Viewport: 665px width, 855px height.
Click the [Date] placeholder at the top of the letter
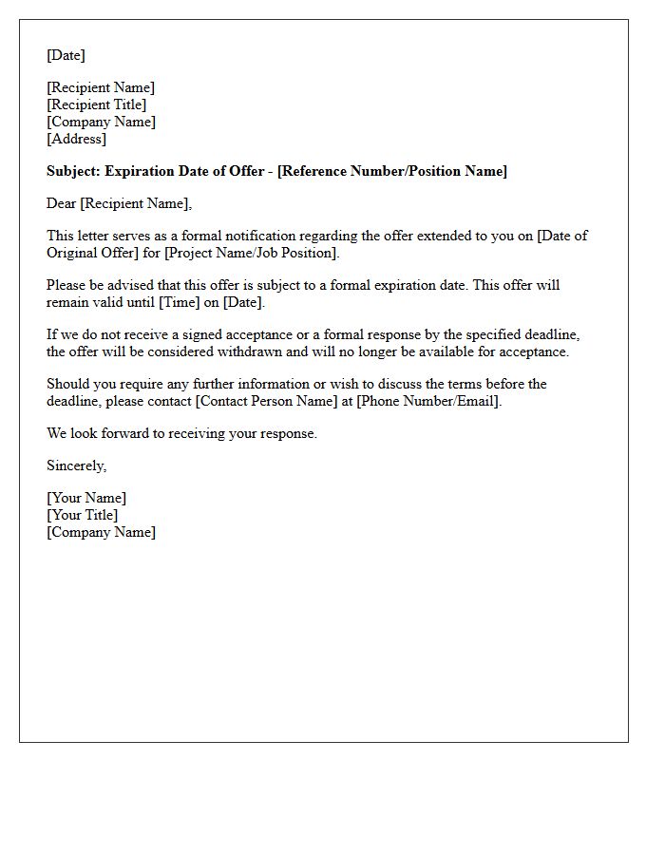66,55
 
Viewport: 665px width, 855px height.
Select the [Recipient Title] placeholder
96,104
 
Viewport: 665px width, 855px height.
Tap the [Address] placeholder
76,139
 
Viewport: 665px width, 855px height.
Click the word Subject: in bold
73,171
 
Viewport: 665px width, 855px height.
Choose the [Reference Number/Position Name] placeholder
392,171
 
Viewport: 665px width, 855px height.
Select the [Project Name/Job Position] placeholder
251,253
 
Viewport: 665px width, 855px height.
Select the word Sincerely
76,465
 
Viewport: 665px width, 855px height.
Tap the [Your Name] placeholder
85,498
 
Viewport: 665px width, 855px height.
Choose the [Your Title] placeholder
82,515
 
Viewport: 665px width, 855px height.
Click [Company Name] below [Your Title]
101,532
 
